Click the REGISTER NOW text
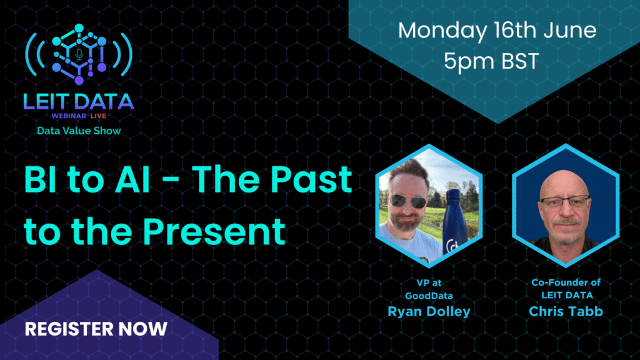(x=96, y=329)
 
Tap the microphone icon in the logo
(x=79, y=54)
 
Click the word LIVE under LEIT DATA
(x=98, y=116)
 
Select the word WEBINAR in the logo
(x=69, y=116)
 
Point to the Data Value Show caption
(x=79, y=131)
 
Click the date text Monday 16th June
(x=497, y=31)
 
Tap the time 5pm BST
(x=491, y=61)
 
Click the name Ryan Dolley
(x=429, y=311)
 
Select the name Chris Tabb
(x=566, y=311)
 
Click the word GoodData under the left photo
(x=429, y=296)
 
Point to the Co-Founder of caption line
(x=566, y=282)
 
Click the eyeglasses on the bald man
(x=565, y=202)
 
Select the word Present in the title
(x=214, y=231)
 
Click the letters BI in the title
(x=40, y=179)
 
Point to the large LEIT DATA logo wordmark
(x=79, y=102)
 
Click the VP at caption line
(x=429, y=282)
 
